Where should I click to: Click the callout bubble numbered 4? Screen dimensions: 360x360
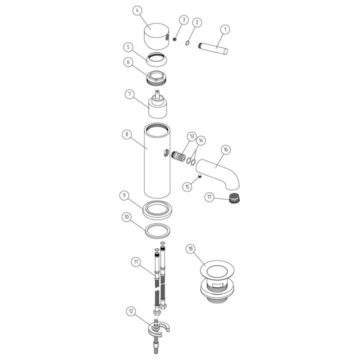(137, 11)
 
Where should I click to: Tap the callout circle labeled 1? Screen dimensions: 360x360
(225, 29)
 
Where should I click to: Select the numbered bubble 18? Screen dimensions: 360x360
(190, 249)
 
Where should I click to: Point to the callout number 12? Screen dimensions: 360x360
(131, 311)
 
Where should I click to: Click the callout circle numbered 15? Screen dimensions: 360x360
(187, 187)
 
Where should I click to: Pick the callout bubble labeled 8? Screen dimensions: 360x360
(126, 134)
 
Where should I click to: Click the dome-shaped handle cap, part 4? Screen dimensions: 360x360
(156, 36)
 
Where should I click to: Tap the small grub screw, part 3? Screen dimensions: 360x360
(174, 39)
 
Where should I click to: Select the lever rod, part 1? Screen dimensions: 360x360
(213, 47)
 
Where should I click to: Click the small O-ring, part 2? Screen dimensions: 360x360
(187, 43)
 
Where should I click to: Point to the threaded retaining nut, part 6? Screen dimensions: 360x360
(156, 78)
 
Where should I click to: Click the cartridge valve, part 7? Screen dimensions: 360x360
(157, 104)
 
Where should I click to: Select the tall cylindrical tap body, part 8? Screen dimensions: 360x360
(157, 160)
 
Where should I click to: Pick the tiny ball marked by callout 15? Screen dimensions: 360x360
(200, 176)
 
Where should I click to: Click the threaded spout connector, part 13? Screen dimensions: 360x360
(178, 157)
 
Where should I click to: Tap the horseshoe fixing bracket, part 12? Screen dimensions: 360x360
(158, 328)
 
